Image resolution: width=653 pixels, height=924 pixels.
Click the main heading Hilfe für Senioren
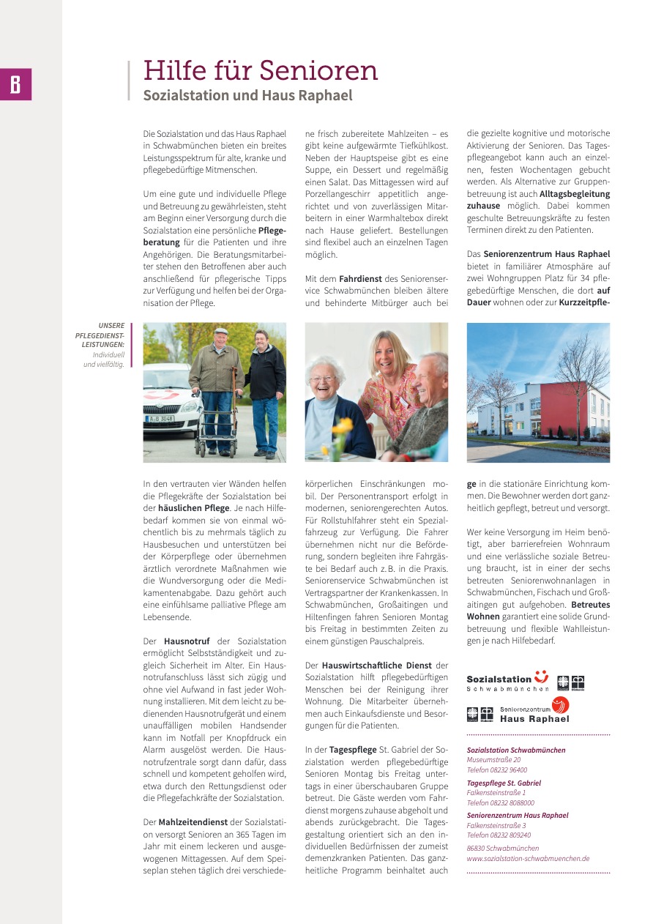tap(261, 71)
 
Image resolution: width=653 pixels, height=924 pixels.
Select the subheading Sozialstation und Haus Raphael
tap(247, 96)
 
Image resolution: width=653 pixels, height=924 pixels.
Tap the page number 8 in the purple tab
tap(15, 85)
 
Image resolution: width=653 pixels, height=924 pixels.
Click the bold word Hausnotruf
tap(188, 641)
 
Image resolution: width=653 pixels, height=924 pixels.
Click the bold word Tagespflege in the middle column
tap(352, 750)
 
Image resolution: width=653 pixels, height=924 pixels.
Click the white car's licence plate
tap(160, 419)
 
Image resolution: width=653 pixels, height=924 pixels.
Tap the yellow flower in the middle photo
tap(342, 426)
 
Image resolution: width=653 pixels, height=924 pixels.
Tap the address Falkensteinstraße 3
tap(496, 825)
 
